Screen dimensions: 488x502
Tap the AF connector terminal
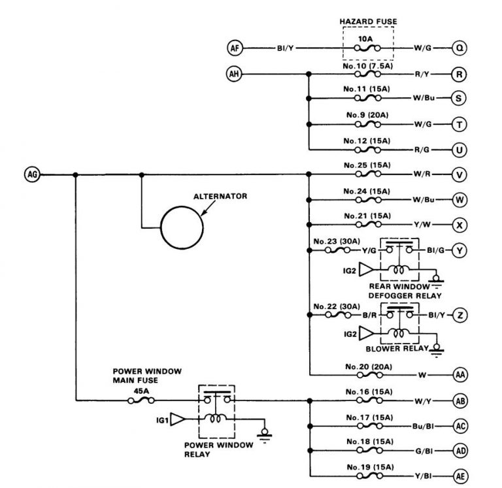pyautogui.click(x=235, y=48)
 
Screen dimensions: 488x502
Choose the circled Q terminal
pyautogui.click(x=460, y=48)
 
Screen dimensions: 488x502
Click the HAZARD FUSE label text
pyautogui.click(x=368, y=22)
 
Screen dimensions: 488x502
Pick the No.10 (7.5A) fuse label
pyautogui.click(x=367, y=66)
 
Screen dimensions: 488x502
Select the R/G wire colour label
pyautogui.click(x=422, y=150)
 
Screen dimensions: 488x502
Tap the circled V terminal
pyautogui.click(x=460, y=174)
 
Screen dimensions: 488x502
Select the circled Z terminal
pyautogui.click(x=460, y=316)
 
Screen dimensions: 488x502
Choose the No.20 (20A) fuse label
pyautogui.click(x=367, y=366)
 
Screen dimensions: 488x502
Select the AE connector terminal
pyautogui.click(x=460, y=476)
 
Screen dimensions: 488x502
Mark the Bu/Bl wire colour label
pyautogui.click(x=423, y=425)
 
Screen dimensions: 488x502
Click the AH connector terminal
pyautogui.click(x=235, y=74)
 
